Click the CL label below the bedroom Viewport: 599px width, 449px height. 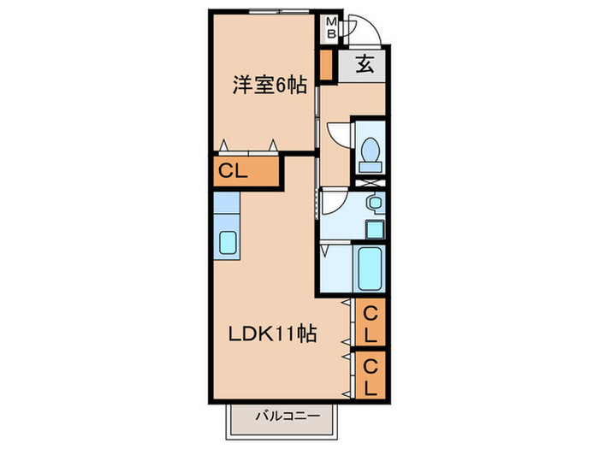[x=233, y=171]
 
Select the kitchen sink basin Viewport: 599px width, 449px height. [x=228, y=242]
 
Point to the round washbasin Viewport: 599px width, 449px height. [x=373, y=204]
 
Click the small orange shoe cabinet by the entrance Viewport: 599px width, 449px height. [x=325, y=64]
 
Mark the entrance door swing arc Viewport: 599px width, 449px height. [x=365, y=30]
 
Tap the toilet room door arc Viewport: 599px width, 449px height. [x=340, y=135]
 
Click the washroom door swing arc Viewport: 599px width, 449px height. [x=334, y=201]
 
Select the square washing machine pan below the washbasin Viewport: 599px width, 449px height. [x=373, y=228]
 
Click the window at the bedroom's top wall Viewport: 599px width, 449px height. [x=276, y=12]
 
